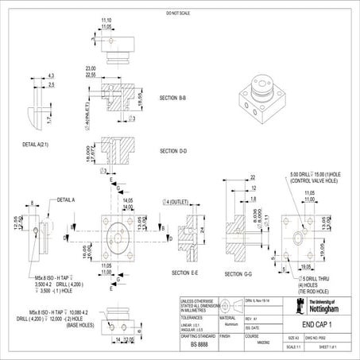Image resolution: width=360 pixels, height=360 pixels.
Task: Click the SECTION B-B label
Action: point(172,98)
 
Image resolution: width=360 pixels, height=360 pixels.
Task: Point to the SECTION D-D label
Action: point(172,150)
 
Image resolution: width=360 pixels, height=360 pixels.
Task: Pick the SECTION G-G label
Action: point(238,274)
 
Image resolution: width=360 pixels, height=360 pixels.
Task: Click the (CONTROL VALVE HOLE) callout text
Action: point(316,181)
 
